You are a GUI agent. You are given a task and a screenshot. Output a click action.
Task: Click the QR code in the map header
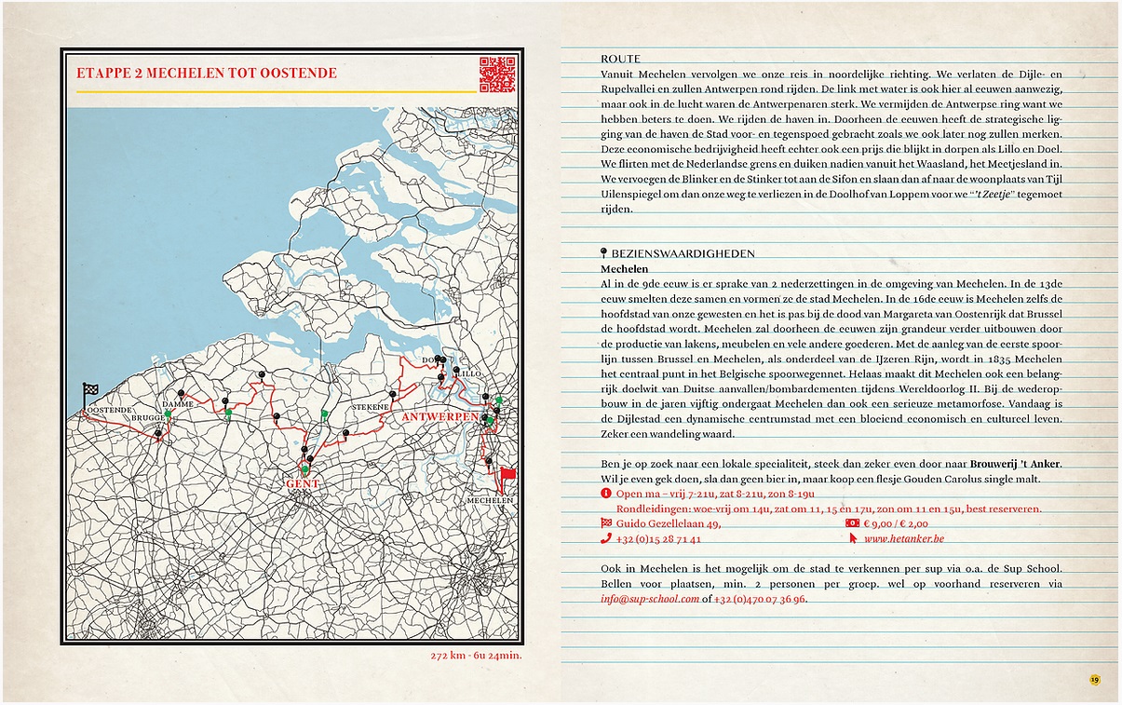(x=497, y=75)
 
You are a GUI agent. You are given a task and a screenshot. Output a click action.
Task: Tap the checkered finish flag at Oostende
(x=89, y=393)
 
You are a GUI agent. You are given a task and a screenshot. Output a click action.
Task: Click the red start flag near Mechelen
(x=507, y=476)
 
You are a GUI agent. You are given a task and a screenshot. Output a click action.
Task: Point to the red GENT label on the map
(x=303, y=484)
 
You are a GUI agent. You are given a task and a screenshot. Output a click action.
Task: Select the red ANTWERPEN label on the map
(x=439, y=417)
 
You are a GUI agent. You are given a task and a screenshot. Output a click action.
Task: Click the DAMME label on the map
(x=177, y=406)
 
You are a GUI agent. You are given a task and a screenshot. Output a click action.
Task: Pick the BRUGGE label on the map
(x=147, y=418)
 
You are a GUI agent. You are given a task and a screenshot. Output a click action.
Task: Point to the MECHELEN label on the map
(x=490, y=501)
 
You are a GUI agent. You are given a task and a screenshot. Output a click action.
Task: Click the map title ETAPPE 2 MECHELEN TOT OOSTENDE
(x=207, y=74)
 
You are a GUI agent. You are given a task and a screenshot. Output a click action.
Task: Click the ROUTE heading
(x=621, y=59)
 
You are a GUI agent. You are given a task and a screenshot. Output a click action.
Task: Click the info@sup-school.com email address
(x=650, y=599)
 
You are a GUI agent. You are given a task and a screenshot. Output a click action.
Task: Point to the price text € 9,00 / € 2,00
(x=901, y=523)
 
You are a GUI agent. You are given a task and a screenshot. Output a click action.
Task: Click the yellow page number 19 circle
(x=1095, y=679)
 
